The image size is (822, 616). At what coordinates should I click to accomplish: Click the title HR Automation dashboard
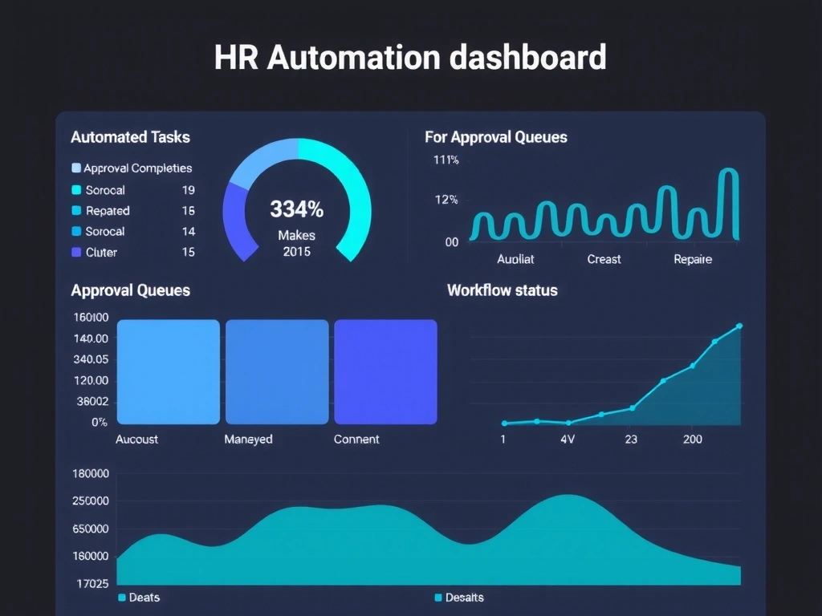click(x=410, y=58)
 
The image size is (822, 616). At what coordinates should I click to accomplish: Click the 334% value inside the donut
click(x=296, y=210)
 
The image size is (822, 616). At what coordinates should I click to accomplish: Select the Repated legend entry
click(x=107, y=211)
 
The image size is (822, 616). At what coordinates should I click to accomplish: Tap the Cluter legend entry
click(x=100, y=253)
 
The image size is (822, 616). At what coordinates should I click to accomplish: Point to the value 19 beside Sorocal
click(x=189, y=190)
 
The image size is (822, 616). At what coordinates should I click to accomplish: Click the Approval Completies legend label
click(x=137, y=168)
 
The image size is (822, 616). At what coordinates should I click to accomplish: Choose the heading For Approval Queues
click(x=495, y=137)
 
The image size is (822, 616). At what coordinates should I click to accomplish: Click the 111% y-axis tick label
click(x=446, y=160)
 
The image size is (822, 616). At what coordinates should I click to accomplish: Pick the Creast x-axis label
click(x=604, y=260)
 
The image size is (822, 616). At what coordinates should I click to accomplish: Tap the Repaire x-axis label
click(x=693, y=260)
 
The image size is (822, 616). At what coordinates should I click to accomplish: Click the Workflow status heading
click(x=502, y=290)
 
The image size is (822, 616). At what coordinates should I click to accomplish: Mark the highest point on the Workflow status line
click(x=739, y=326)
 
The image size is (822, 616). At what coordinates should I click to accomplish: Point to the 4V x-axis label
click(x=567, y=440)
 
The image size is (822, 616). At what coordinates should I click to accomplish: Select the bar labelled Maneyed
click(x=277, y=371)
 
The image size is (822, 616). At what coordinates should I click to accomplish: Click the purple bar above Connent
click(x=385, y=371)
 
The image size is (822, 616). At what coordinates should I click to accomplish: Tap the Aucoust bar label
click(x=136, y=440)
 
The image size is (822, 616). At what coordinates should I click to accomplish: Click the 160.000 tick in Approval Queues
click(x=90, y=317)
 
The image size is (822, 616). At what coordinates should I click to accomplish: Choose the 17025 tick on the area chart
click(x=91, y=583)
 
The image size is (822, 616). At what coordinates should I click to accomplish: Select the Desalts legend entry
click(x=464, y=598)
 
